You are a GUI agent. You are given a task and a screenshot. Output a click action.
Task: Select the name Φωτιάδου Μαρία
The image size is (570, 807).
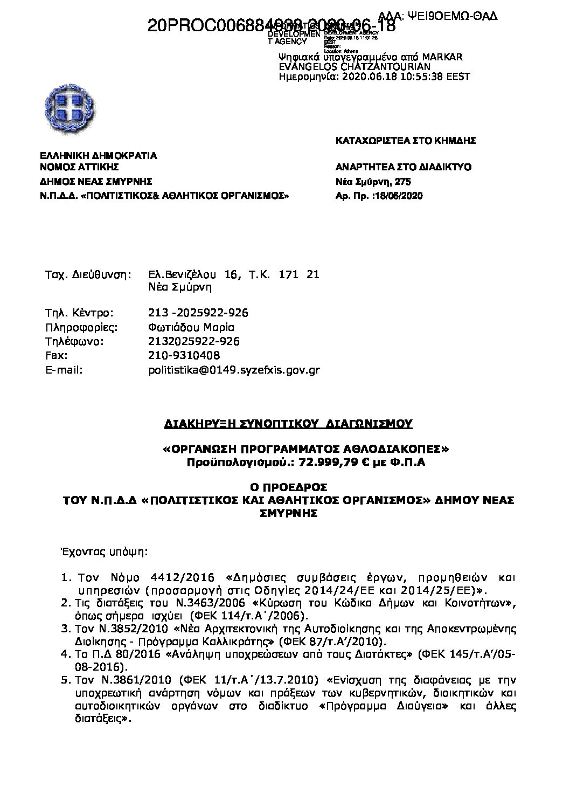pyautogui.click(x=191, y=327)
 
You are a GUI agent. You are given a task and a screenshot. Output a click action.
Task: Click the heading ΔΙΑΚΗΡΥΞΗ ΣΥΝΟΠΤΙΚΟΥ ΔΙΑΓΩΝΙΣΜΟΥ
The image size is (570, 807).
pyautogui.click(x=288, y=424)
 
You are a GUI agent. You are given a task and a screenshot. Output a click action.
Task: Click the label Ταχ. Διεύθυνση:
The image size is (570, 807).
pyautogui.click(x=88, y=274)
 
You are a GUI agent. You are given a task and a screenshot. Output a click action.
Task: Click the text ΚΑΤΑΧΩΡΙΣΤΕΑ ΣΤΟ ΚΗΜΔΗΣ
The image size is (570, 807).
pyautogui.click(x=406, y=141)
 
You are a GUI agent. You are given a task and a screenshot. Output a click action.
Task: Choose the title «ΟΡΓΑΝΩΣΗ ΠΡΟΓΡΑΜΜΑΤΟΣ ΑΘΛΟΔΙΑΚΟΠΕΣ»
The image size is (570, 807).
pyautogui.click(x=306, y=450)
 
